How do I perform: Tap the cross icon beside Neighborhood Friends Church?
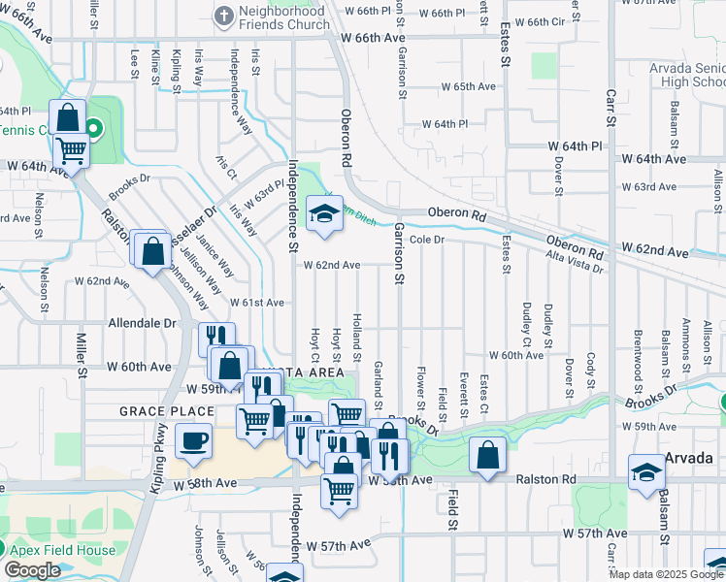coord(224,16)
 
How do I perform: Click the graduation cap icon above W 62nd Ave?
coord(325,214)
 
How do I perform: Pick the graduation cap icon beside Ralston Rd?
coord(646,472)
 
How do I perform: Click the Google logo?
coord(32,570)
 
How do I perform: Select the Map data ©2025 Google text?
coord(666,574)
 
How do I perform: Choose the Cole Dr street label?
coord(426,239)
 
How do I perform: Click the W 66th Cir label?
coord(538,21)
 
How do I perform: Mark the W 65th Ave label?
coord(468,86)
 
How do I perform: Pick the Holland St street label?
coord(357,331)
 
